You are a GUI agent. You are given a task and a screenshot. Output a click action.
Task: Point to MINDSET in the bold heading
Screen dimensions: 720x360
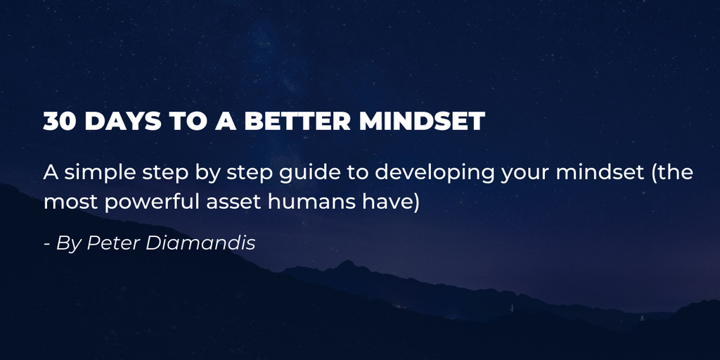tap(423, 121)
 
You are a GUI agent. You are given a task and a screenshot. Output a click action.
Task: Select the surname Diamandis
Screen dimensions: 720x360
tap(200, 243)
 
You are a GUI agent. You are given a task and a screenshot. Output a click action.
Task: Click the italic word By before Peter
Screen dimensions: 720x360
tap(70, 244)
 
